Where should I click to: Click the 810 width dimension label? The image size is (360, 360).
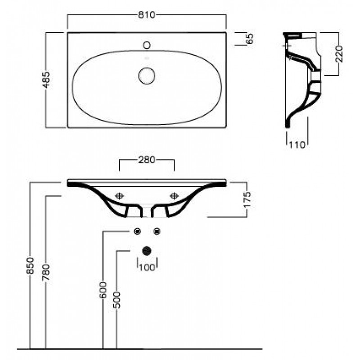point(147,15)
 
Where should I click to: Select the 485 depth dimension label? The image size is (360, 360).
point(47,80)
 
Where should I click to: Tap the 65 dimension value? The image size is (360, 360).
point(250,39)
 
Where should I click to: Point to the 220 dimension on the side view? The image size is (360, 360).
point(339,54)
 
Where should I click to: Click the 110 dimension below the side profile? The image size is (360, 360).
point(297,145)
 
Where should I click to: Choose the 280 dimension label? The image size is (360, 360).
point(147,160)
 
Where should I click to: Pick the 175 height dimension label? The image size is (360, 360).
point(247,199)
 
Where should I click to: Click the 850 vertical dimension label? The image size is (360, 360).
point(30,265)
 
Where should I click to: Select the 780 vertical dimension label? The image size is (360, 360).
point(46,272)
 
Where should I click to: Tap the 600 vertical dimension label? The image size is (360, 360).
point(103,290)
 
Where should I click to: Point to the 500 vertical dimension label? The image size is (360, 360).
point(117,300)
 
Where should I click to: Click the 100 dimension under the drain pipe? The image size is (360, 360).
point(147,267)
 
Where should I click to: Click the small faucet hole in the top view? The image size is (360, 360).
point(147,45)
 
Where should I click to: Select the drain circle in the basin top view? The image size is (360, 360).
point(147,76)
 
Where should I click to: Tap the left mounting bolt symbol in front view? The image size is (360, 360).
point(119,196)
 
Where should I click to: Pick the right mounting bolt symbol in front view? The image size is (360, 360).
point(174,196)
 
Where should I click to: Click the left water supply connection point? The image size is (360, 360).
point(137,231)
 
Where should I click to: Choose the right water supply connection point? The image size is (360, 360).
point(157,231)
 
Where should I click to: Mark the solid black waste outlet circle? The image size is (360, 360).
point(147,251)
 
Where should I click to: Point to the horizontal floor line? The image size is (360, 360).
point(139,349)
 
